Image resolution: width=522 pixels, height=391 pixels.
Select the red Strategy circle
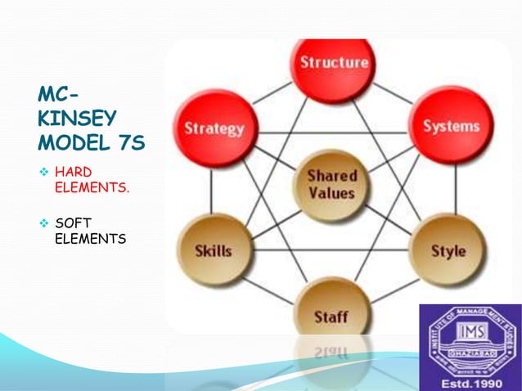coord(214,129)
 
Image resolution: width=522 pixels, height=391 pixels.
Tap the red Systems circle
coord(450,126)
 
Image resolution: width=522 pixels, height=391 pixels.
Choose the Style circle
coord(448,250)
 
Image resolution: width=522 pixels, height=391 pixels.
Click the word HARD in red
coord(74,172)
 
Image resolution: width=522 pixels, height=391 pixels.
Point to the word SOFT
coord(72,223)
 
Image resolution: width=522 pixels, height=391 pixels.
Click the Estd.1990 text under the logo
coord(470,381)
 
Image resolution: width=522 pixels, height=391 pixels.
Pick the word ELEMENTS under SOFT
coord(90,239)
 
